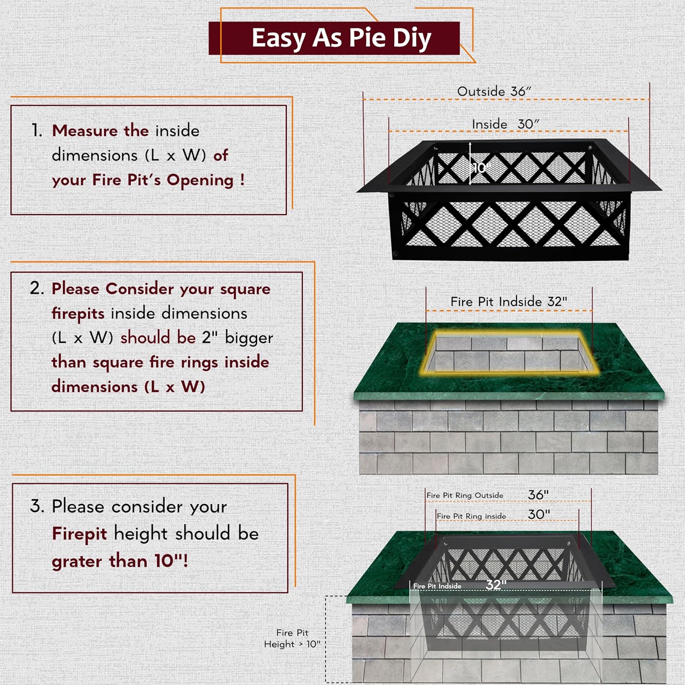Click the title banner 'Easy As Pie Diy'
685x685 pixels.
pyautogui.click(x=341, y=38)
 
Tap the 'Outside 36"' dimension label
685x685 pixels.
pyautogui.click(x=494, y=91)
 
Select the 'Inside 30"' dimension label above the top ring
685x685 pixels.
pyautogui.click(x=505, y=124)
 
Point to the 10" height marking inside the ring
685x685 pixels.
pyautogui.click(x=481, y=168)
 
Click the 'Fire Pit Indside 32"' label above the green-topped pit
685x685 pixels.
pyautogui.click(x=509, y=301)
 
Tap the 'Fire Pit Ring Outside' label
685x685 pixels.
pyautogui.click(x=465, y=495)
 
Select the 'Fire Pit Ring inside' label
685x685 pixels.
pyautogui.click(x=471, y=516)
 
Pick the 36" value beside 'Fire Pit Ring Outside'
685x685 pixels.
pyautogui.click(x=538, y=495)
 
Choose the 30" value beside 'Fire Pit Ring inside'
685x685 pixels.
pyautogui.click(x=539, y=514)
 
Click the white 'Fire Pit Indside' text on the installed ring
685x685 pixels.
pyautogui.click(x=437, y=586)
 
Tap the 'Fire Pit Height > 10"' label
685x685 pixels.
pyautogui.click(x=292, y=638)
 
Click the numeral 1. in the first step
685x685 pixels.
pyautogui.click(x=37, y=131)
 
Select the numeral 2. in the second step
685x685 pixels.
pyautogui.click(x=37, y=288)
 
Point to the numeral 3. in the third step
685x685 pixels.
pyautogui.click(x=37, y=506)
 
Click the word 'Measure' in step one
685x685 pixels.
pyautogui.click(x=85, y=131)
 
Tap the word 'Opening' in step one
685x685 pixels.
pyautogui.click(x=200, y=180)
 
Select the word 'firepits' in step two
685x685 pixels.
pyautogui.click(x=78, y=314)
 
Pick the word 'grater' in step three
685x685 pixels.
pyautogui.click(x=77, y=562)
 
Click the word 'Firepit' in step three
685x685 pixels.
pyautogui.click(x=79, y=534)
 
